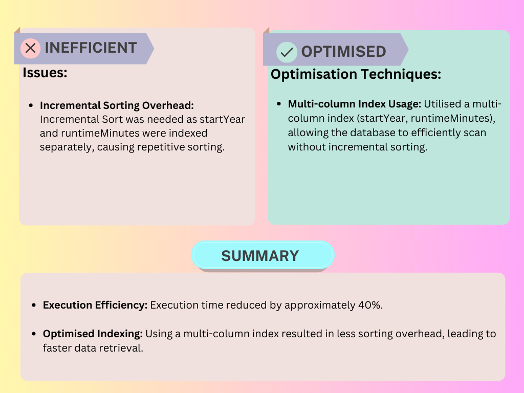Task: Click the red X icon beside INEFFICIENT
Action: tap(30, 49)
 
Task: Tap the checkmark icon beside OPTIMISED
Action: tap(287, 52)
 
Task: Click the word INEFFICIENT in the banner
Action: tap(91, 48)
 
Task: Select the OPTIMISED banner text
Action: tap(343, 52)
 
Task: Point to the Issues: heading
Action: tap(45, 73)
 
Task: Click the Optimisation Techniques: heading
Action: tap(356, 75)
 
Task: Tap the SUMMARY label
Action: tap(260, 255)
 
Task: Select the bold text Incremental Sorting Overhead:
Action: tap(117, 105)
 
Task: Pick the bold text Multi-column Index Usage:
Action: tap(355, 104)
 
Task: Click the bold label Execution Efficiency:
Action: tap(95, 305)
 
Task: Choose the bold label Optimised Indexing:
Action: tap(93, 334)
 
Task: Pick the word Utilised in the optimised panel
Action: tap(442, 104)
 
